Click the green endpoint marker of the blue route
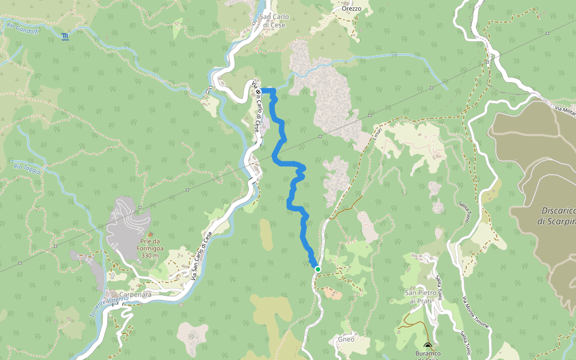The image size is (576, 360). [318, 269]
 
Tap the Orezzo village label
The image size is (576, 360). [351, 8]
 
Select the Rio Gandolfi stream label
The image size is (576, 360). [22, 28]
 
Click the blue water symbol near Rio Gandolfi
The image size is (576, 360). [65, 37]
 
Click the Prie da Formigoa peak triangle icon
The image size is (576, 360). [150, 233]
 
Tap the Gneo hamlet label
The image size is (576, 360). [346, 339]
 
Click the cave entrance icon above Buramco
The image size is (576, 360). [427, 346]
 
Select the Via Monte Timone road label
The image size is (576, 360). [475, 311]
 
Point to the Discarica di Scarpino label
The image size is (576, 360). [558, 216]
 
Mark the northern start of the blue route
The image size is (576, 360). [264, 91]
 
